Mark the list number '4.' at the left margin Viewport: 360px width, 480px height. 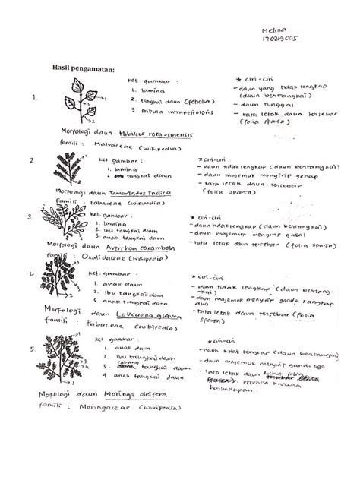pos(31,271)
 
